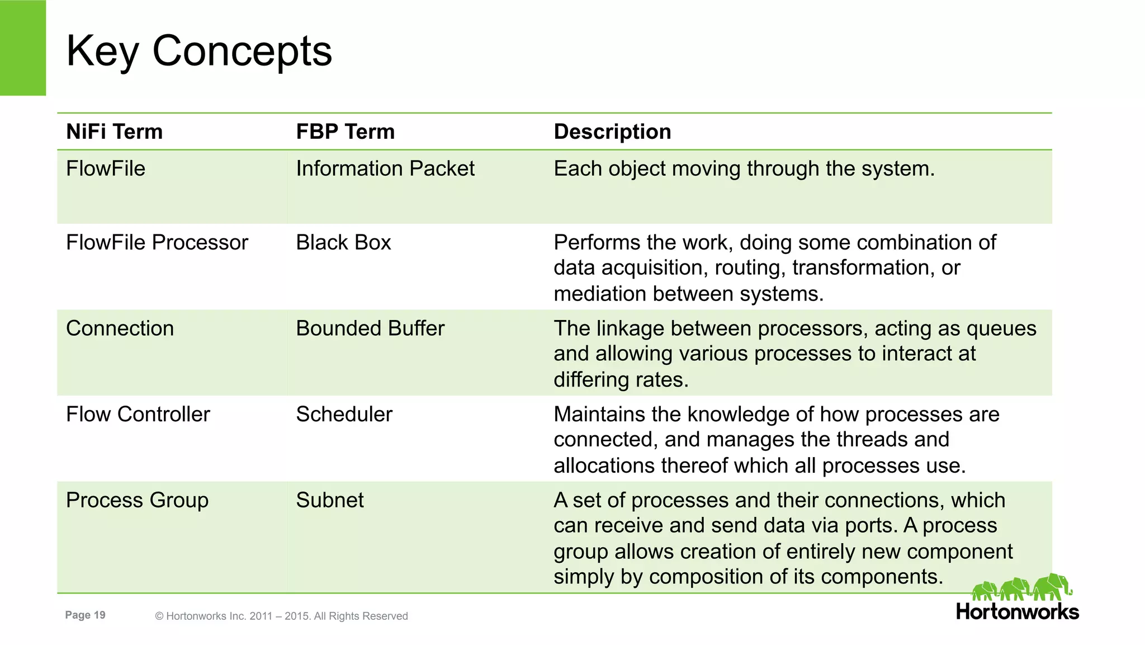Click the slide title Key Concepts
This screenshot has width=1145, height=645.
(x=198, y=51)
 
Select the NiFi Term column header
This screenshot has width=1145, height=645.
(x=114, y=132)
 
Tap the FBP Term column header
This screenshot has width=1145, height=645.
(x=345, y=132)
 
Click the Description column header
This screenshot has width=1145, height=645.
(x=612, y=132)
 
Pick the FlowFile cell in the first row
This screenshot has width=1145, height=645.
(x=106, y=169)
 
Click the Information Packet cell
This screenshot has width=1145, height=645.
(x=385, y=169)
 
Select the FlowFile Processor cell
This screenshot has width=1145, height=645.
(x=157, y=243)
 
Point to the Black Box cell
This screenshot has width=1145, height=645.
(x=343, y=243)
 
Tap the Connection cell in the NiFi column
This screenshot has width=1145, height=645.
(x=120, y=328)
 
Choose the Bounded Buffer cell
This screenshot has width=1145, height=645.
(x=370, y=328)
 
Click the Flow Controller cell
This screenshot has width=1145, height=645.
(x=138, y=415)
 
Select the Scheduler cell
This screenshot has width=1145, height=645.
(x=344, y=415)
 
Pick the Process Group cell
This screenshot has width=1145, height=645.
(x=137, y=500)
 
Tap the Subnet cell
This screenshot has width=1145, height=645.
(x=329, y=500)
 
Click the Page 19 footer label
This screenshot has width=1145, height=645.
(x=85, y=615)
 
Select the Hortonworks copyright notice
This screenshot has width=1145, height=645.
(x=281, y=616)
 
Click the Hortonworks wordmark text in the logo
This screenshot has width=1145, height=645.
(x=1017, y=612)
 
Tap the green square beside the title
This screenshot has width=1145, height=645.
(x=22, y=48)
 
